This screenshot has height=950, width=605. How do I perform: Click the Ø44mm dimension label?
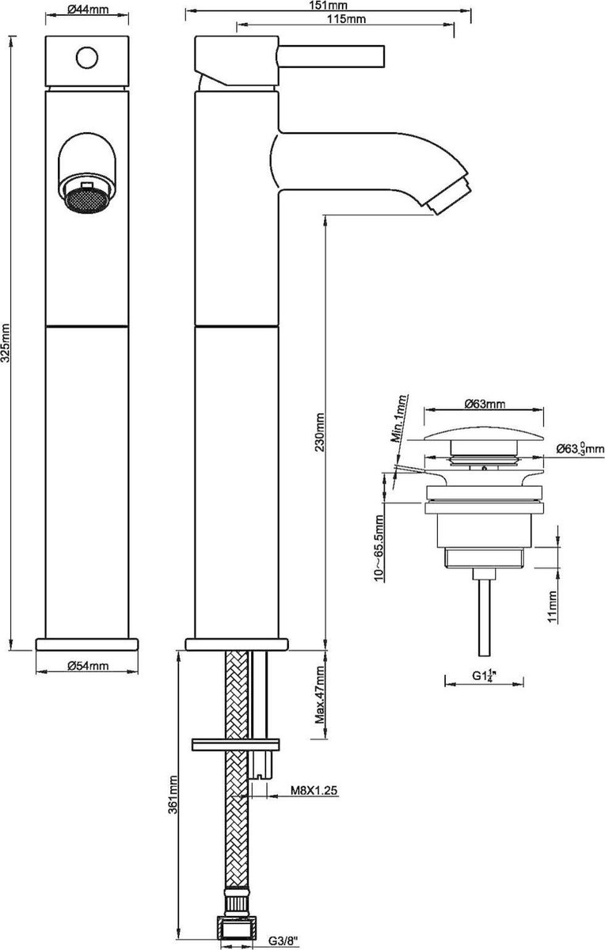[88, 9]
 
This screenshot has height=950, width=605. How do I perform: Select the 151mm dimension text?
[333, 5]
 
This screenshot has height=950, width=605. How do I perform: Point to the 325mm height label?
[6, 344]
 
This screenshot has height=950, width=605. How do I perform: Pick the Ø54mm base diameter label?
[88, 666]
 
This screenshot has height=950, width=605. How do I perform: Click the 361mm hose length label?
[173, 795]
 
